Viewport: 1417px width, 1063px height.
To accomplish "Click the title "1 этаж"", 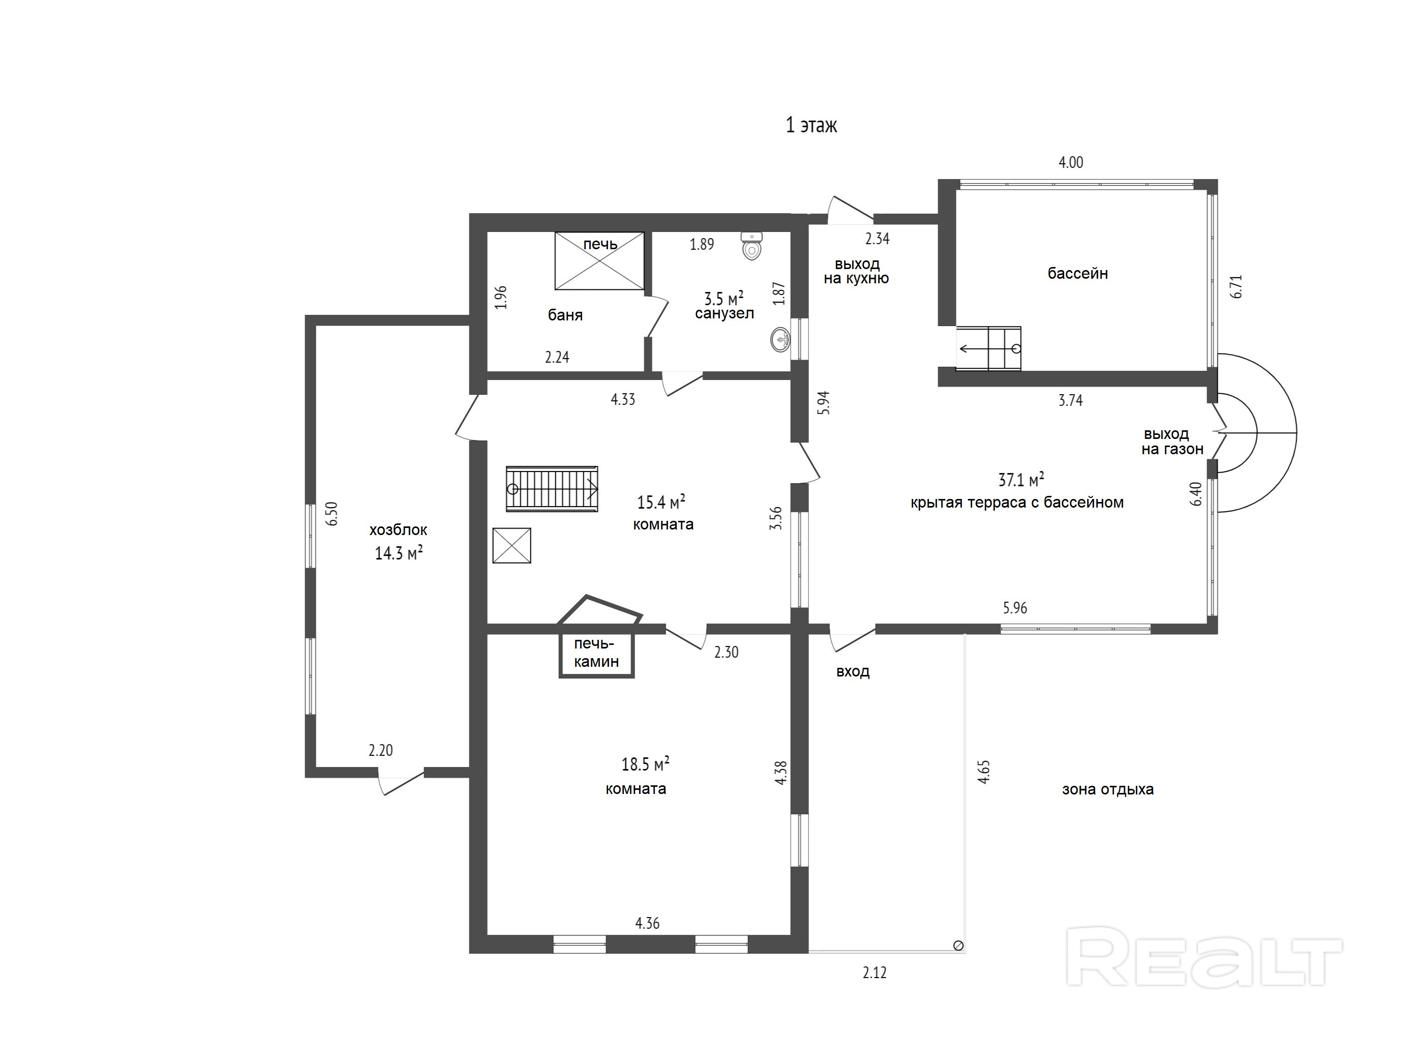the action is tap(811, 125).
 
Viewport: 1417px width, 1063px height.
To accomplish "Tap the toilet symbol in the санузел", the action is tap(752, 246).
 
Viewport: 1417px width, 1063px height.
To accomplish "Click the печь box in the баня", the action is tap(599, 261).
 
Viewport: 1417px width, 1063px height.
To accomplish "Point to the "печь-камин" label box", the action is tap(596, 654).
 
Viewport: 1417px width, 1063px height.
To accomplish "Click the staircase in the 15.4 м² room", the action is tap(552, 489).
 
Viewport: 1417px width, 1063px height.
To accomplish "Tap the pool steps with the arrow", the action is tap(988, 348).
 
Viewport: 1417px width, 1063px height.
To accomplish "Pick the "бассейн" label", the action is tap(1077, 274).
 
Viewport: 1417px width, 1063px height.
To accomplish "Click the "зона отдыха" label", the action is tap(1107, 789).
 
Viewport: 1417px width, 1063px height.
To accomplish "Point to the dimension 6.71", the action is tap(1237, 286).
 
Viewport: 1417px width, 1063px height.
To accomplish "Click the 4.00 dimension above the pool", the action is tap(1071, 163).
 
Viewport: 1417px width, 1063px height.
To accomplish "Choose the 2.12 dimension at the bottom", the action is tap(875, 972).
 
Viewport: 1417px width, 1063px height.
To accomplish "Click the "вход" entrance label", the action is tap(853, 671).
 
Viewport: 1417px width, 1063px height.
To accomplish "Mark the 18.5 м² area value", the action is tap(645, 764).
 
